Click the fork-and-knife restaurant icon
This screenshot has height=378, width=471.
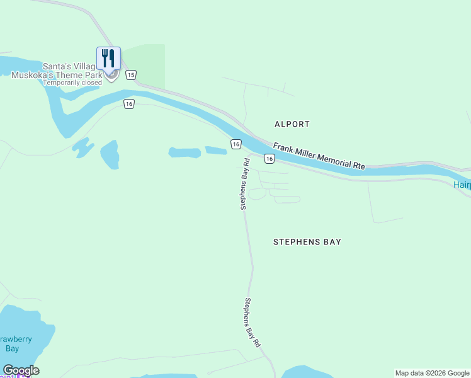coord(108,58)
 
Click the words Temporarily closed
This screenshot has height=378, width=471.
coord(71,83)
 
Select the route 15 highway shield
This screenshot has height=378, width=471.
coord(130,75)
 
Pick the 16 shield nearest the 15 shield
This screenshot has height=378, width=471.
coord(128,104)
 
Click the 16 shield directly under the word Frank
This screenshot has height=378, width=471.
coord(269,159)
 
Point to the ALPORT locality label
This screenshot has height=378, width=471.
coord(292,124)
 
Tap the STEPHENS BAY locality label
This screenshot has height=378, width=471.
coord(307,241)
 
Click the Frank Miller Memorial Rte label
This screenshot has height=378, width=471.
coord(319,156)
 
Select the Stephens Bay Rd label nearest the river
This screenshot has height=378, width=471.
coord(244,183)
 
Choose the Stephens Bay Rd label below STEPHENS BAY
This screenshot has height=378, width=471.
coord(253,323)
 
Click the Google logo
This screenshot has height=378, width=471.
coord(21,370)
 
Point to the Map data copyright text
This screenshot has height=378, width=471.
coord(433,373)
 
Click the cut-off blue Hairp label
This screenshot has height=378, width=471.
coord(462,185)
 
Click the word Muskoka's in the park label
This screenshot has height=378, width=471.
coord(31,75)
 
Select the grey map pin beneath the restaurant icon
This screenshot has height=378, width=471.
coord(111,76)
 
